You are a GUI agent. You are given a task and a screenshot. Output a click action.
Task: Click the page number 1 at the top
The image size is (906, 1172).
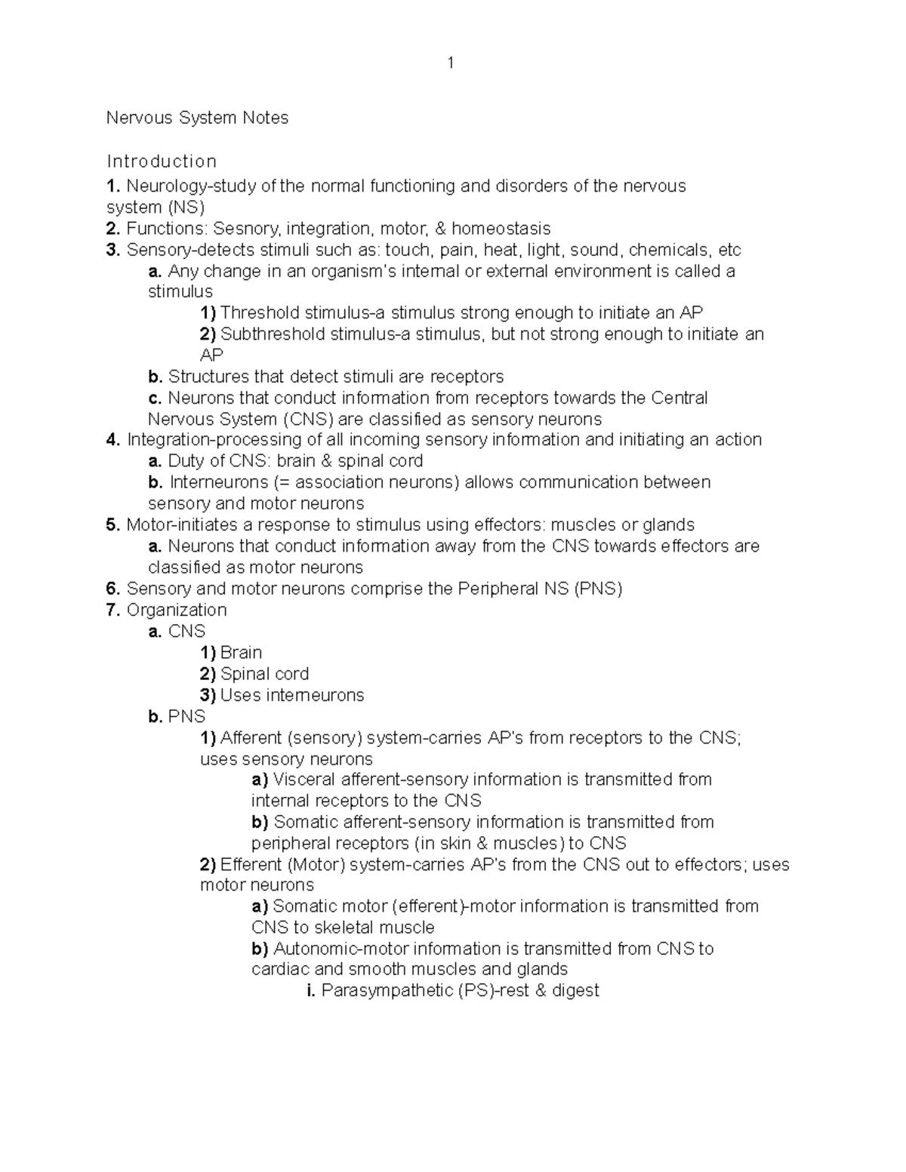[451, 63]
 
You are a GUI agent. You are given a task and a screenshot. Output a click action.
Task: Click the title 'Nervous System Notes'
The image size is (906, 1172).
[197, 118]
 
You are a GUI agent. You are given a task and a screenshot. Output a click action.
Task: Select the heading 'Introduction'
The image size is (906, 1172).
[162, 161]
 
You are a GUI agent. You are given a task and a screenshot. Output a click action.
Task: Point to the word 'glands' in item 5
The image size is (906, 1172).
[668, 524]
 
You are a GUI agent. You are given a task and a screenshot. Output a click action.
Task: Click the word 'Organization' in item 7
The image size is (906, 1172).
[177, 610]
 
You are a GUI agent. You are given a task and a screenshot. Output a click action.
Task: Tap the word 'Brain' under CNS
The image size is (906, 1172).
[241, 653]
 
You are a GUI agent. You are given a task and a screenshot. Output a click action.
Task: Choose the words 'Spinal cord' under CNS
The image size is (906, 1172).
[264, 674]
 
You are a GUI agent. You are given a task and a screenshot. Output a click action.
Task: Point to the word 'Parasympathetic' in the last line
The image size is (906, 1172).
[387, 991]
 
